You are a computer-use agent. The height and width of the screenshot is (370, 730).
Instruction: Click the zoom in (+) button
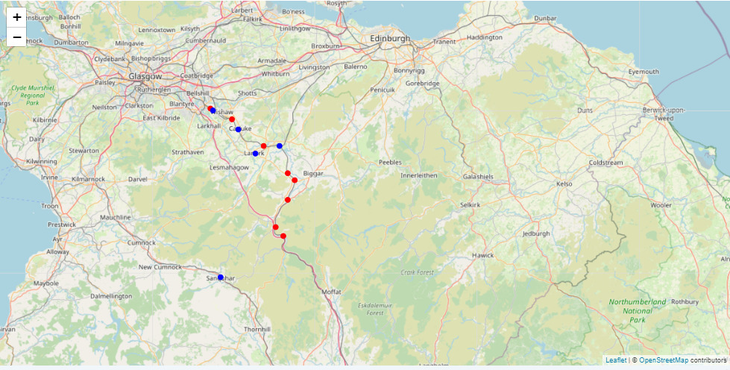click(16, 17)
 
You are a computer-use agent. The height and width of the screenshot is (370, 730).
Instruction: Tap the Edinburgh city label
click(390, 38)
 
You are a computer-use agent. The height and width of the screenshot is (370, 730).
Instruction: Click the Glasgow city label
click(145, 76)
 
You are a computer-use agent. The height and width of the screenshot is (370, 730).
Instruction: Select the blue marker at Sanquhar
click(220, 277)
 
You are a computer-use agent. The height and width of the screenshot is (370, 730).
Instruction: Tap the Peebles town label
click(390, 162)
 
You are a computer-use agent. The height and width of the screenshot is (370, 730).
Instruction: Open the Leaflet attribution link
click(616, 360)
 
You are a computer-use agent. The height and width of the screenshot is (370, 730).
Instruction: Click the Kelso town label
click(563, 184)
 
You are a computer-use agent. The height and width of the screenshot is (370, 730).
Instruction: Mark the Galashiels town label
click(478, 177)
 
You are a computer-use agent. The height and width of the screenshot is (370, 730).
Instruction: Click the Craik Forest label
click(417, 273)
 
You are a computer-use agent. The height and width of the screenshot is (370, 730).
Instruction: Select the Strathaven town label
click(188, 152)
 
